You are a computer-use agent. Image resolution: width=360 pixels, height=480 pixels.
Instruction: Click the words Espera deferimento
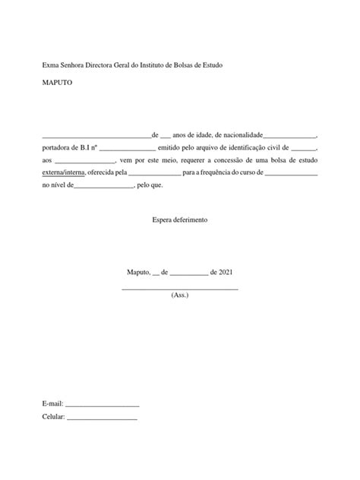point(179,219)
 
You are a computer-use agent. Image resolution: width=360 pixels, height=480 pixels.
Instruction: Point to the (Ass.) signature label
point(180,295)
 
